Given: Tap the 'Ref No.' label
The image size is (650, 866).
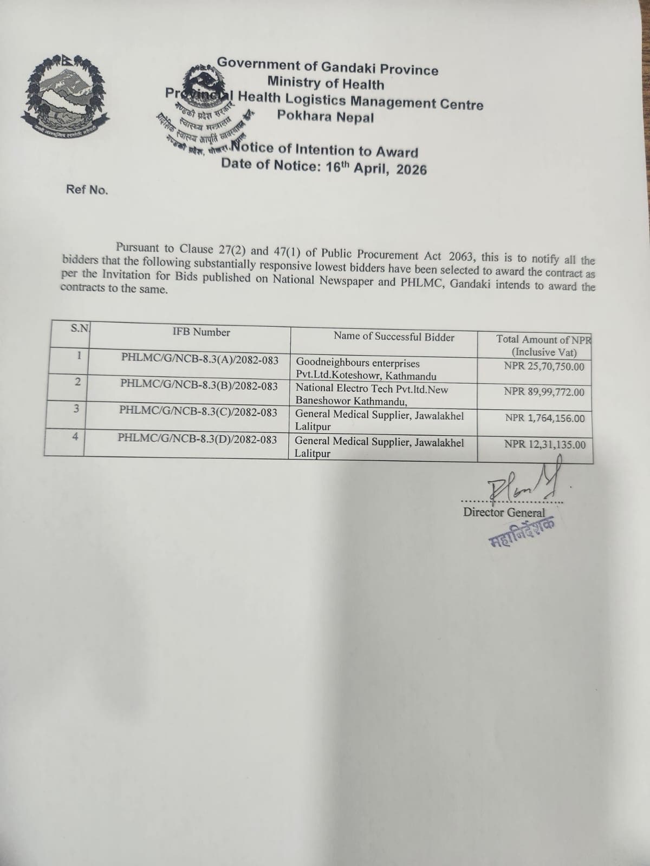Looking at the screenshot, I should (x=87, y=190).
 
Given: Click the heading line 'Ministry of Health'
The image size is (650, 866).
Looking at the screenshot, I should (x=326, y=84).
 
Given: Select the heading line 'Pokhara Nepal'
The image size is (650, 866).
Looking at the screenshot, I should (x=325, y=116).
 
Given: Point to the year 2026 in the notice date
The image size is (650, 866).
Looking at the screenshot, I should (x=411, y=169).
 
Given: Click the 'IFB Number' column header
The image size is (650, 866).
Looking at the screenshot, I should (x=201, y=332).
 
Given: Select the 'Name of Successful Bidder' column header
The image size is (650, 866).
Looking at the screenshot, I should (x=394, y=337).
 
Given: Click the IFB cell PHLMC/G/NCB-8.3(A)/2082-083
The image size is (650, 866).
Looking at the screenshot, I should (x=200, y=358).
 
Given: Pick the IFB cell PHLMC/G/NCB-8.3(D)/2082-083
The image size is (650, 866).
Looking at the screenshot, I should (x=197, y=439).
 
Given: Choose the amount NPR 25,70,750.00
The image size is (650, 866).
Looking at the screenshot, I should (x=544, y=366).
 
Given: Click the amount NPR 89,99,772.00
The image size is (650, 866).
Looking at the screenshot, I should (x=544, y=392).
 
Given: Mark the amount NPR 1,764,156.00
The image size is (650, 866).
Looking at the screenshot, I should (x=545, y=418).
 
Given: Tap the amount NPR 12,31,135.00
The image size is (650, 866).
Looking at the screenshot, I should (x=544, y=444).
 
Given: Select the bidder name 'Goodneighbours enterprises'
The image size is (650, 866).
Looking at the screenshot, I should (x=357, y=363).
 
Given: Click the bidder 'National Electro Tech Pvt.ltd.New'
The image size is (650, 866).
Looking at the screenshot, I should (x=372, y=389).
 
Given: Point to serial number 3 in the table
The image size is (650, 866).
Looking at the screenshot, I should (x=77, y=409).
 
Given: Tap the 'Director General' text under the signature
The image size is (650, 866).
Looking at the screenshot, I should (x=504, y=512).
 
